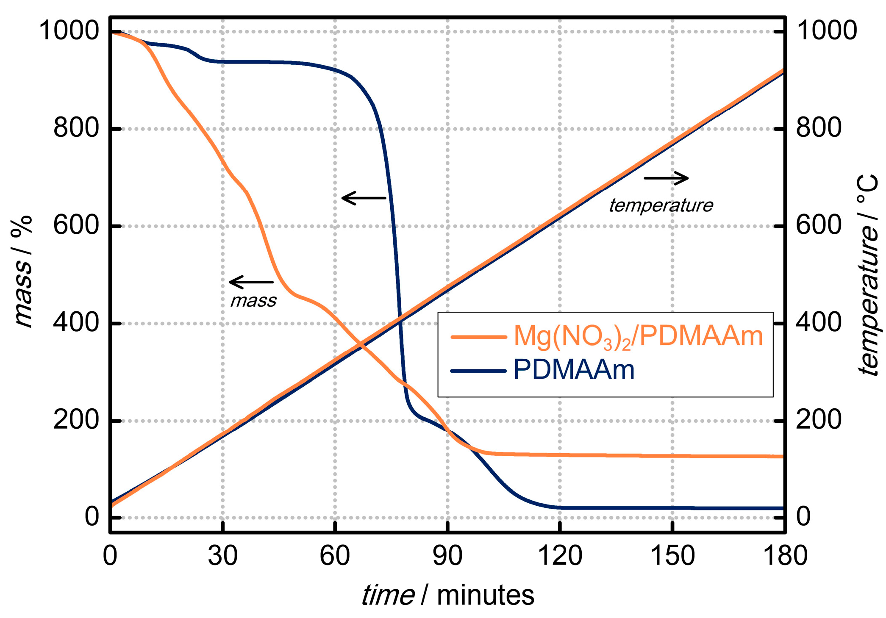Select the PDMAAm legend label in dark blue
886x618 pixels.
point(574,370)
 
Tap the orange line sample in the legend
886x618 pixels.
point(478,337)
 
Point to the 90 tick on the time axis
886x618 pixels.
point(448,556)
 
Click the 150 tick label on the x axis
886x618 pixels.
point(672,556)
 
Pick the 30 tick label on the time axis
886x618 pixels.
point(223,556)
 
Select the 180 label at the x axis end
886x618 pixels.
point(784,556)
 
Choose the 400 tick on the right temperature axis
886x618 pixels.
point(818,323)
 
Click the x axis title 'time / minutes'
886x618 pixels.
point(447,595)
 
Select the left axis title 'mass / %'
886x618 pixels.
point(22,271)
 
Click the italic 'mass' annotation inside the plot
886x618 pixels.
point(253,301)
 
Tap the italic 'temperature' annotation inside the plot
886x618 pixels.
point(661,205)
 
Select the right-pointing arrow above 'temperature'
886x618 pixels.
point(666,178)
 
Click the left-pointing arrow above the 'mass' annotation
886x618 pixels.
point(251,282)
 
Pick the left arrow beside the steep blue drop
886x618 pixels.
point(364,198)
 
